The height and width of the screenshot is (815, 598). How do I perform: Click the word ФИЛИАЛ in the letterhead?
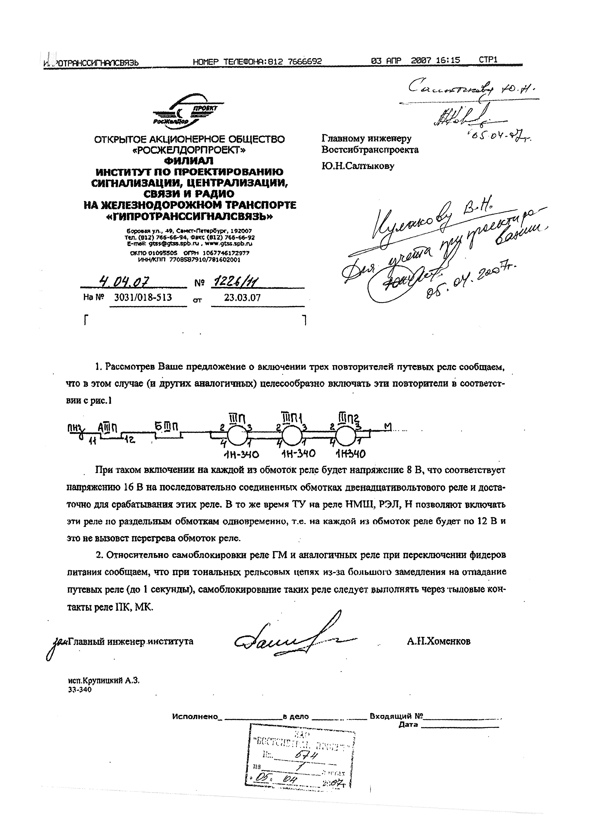pyautogui.click(x=189, y=160)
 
